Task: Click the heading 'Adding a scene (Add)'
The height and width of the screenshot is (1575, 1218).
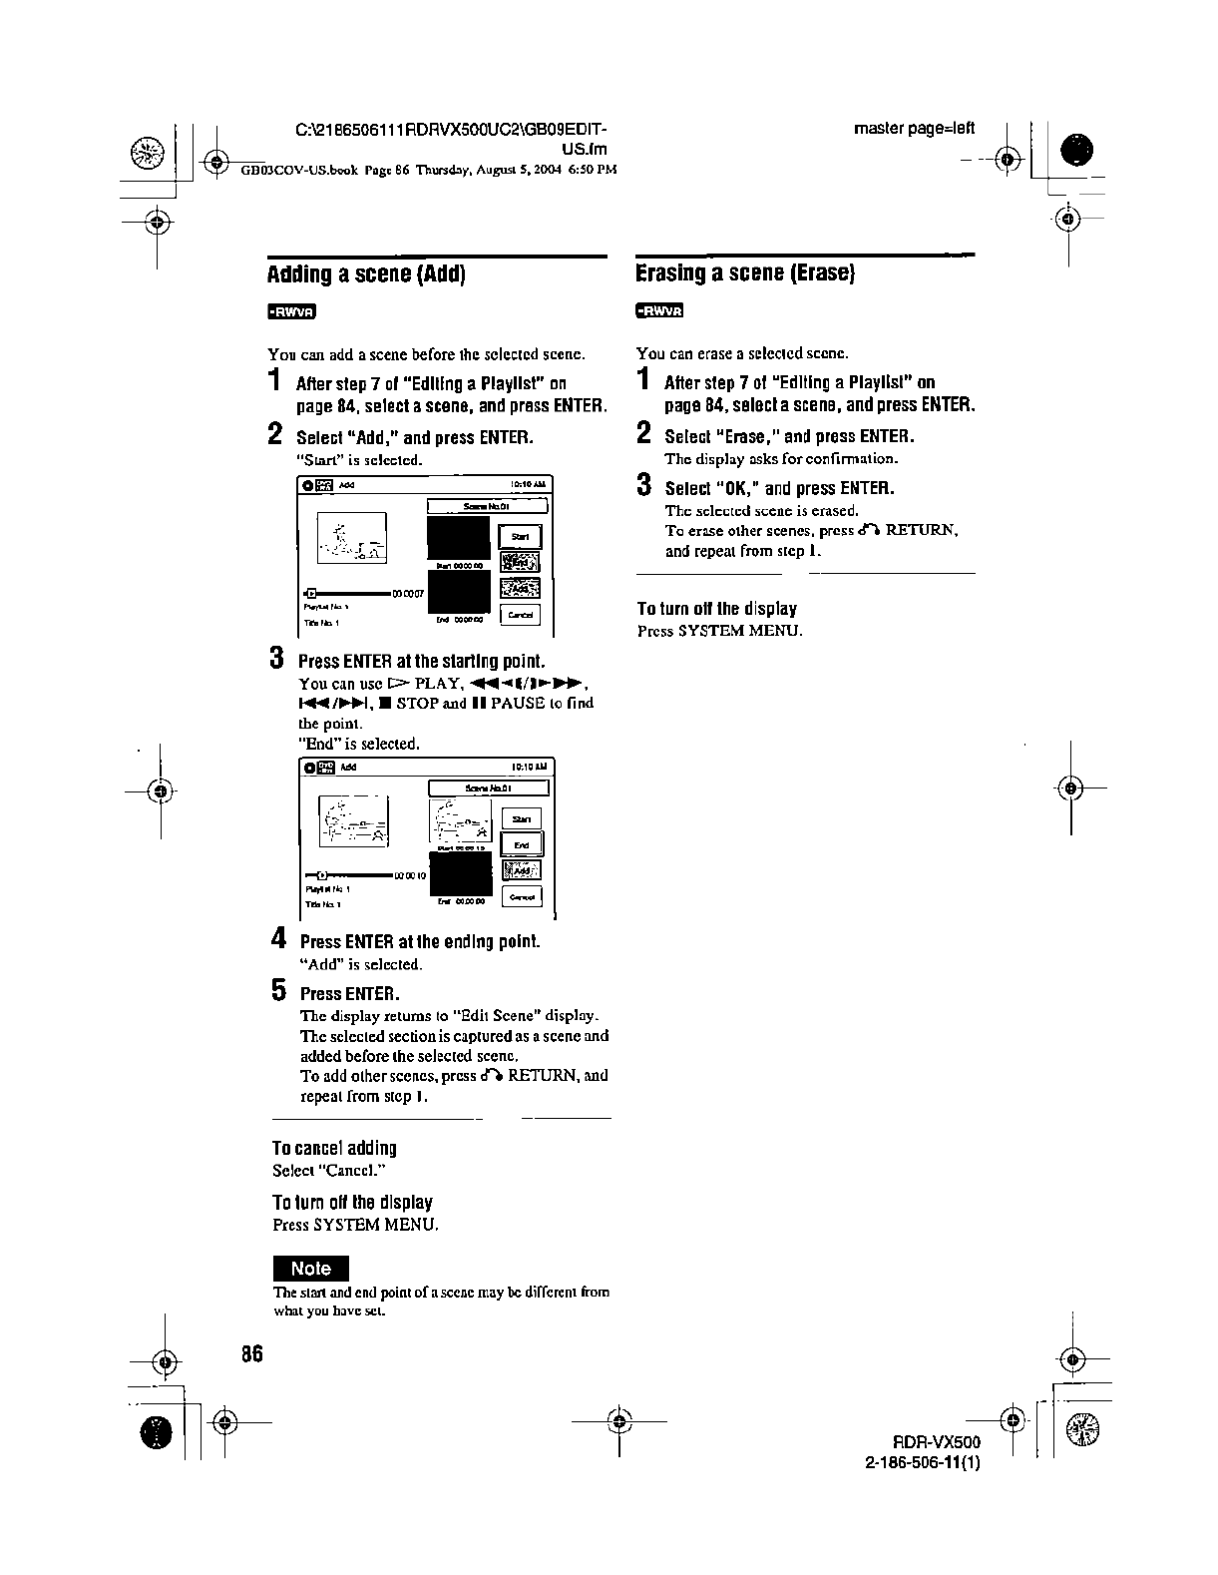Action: (x=366, y=274)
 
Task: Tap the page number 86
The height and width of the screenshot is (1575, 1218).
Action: (x=250, y=1354)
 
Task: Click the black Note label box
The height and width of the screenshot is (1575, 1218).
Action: (x=311, y=1269)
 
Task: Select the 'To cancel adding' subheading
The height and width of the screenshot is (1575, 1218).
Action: (x=334, y=1148)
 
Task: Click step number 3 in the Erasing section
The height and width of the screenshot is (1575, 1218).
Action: (x=644, y=486)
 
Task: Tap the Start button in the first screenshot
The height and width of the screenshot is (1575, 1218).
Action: (x=519, y=537)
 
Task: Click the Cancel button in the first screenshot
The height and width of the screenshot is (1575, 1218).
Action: (x=520, y=615)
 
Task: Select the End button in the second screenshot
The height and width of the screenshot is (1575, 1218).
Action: (x=521, y=844)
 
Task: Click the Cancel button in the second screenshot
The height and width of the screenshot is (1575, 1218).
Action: (x=522, y=896)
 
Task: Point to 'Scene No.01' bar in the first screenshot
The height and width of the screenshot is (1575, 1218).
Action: (x=488, y=506)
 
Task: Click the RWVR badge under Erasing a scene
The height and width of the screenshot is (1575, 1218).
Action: (x=658, y=311)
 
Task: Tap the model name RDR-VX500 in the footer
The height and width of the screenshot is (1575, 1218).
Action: (x=938, y=1442)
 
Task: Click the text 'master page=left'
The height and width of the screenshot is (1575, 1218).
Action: (x=914, y=129)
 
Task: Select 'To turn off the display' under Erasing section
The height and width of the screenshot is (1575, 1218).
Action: (x=716, y=609)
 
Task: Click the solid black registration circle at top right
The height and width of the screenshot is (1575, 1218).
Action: (x=1076, y=151)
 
